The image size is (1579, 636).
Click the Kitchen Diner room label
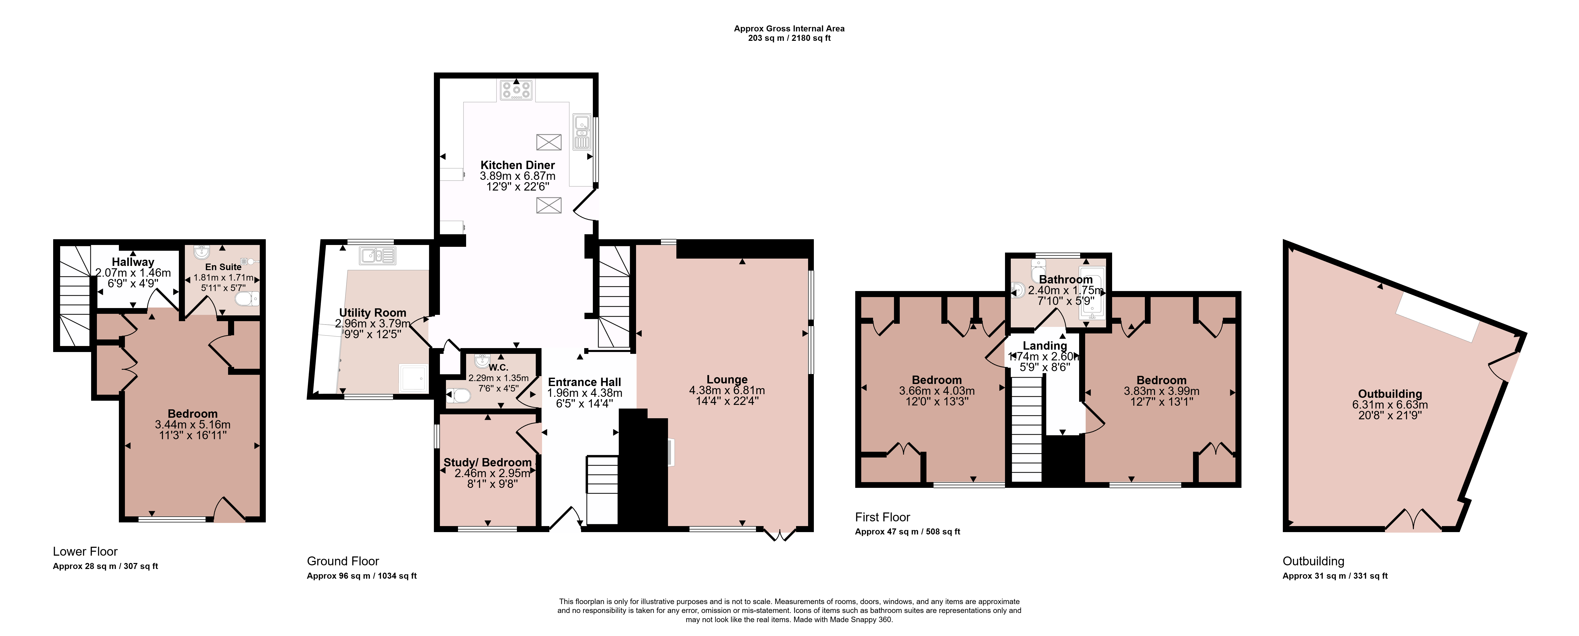pyautogui.click(x=517, y=165)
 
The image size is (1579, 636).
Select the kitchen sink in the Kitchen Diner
pyautogui.click(x=582, y=132)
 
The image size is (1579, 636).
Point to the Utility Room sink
pyautogui.click(x=378, y=255)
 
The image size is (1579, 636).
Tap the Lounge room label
pyautogui.click(x=727, y=379)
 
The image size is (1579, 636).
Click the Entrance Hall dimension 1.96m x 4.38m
pyautogui.click(x=585, y=393)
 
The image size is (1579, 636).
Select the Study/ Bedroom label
pyautogui.click(x=487, y=462)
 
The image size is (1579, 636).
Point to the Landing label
pyautogui.click(x=1045, y=345)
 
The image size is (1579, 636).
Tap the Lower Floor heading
pyautogui.click(x=85, y=551)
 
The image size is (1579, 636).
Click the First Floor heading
pyautogui.click(x=883, y=517)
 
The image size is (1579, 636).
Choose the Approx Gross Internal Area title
pyautogui.click(x=789, y=28)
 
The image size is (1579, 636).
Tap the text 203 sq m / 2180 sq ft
pyautogui.click(x=789, y=38)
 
